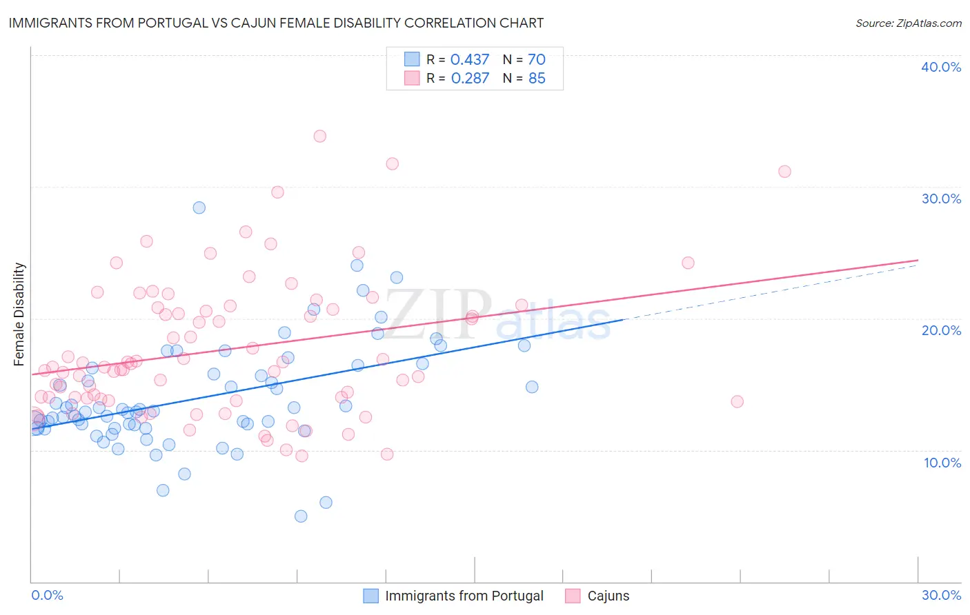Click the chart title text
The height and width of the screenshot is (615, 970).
[x=276, y=23]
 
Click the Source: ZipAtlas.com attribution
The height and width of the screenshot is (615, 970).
[x=908, y=23]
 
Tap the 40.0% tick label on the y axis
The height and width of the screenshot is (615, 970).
[x=940, y=67]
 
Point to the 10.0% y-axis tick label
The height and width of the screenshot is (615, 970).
[x=942, y=463]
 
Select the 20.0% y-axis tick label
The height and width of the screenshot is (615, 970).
[x=941, y=330]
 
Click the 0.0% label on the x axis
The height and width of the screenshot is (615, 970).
[x=47, y=595]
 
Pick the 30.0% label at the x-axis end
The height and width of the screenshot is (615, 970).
[x=941, y=595]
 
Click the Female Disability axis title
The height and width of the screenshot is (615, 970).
[x=19, y=314]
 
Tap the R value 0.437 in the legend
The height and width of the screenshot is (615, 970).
[x=469, y=60]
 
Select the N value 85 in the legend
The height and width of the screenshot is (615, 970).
[x=537, y=79]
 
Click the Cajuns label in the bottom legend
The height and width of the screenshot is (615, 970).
[x=608, y=596]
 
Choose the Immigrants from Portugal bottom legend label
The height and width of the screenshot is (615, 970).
[x=464, y=596]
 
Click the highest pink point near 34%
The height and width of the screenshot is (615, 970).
[x=319, y=137]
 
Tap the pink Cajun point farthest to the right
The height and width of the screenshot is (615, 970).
[x=784, y=172]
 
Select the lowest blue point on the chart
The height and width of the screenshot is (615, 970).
[x=301, y=516]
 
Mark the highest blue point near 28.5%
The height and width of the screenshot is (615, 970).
[x=199, y=208]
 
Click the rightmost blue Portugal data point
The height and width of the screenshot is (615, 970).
[x=532, y=387]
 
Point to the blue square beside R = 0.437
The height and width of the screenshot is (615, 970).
[x=412, y=60]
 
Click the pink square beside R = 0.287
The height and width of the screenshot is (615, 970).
[x=412, y=79]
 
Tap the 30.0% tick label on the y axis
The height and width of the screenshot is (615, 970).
[x=941, y=199]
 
